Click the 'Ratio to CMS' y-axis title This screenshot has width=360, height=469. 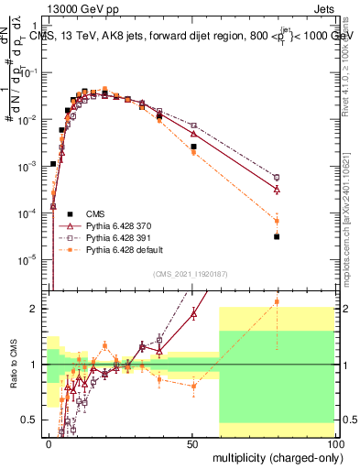click(11, 364)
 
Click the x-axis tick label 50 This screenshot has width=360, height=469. click(191, 442)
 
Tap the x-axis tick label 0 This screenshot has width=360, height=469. click(49, 442)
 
